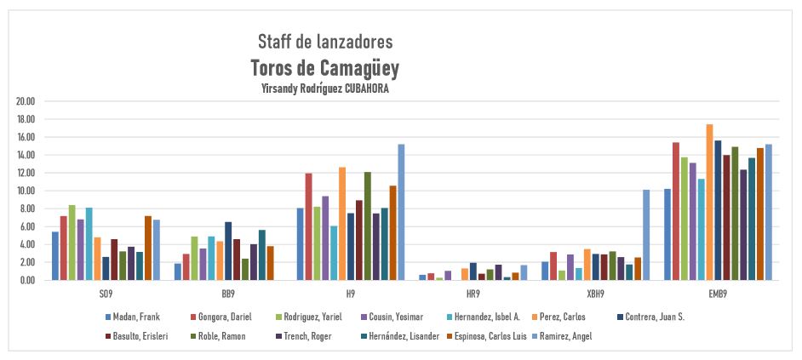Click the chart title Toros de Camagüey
click(325, 67)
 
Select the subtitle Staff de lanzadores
click(325, 41)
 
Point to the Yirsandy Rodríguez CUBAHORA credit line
click(325, 88)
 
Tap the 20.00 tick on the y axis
click(25, 101)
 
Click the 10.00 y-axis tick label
click(25, 191)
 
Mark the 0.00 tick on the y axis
click(26, 280)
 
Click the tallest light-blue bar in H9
click(401, 212)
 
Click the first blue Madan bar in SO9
click(55, 255)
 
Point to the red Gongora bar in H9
click(308, 226)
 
